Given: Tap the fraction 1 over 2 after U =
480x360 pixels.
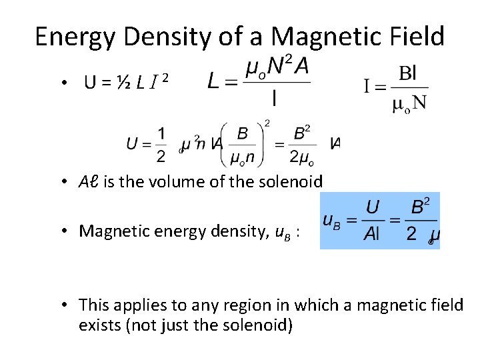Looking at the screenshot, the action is pos(161,144).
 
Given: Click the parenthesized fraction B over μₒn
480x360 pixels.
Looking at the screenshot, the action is pos(243,144).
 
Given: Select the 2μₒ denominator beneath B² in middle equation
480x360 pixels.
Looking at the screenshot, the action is pos(301,158).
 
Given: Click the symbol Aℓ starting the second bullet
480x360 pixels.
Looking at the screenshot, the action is pos(88,181).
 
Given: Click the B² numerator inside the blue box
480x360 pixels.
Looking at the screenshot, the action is pos(420,207).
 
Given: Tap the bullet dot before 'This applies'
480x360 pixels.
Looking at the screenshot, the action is pos(66,306).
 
